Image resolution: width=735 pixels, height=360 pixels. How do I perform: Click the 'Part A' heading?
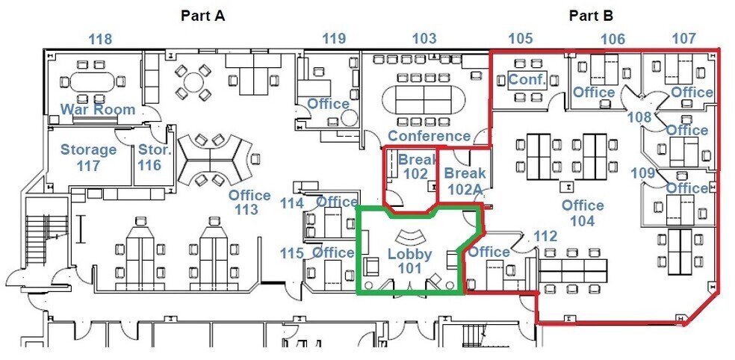(203, 15)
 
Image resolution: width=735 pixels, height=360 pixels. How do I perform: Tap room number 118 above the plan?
(100, 39)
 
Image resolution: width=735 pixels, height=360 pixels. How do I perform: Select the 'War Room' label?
(98, 110)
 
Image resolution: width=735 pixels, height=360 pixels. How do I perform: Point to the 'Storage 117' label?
(88, 157)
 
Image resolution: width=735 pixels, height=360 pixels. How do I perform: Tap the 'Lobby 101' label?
(409, 261)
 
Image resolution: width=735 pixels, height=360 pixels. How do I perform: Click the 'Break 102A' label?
(465, 181)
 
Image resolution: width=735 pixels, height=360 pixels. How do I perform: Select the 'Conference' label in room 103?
(429, 136)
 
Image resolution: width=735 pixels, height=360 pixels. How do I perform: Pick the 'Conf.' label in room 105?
(528, 79)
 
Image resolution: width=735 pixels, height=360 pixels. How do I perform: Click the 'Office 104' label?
(582, 212)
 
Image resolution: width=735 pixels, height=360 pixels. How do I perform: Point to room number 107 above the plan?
(684, 39)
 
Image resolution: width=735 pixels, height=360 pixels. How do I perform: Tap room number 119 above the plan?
(334, 39)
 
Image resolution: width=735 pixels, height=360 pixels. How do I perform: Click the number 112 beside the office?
(545, 236)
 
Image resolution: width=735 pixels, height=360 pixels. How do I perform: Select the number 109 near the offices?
(643, 173)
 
